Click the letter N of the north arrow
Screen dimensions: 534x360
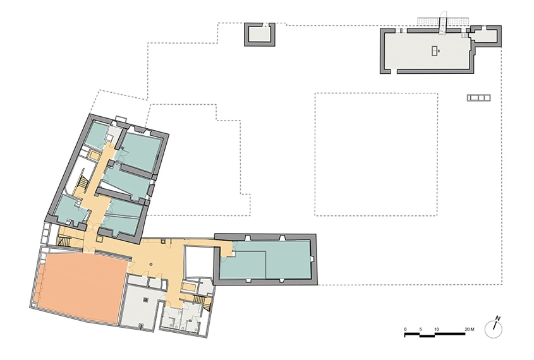[497, 319]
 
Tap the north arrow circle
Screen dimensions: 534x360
[493, 330]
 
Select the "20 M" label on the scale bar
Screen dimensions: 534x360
[470, 330]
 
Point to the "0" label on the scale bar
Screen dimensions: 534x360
[405, 330]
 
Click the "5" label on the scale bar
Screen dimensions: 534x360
[421, 330]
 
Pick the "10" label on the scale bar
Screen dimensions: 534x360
[436, 330]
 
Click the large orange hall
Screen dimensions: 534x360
[81, 286]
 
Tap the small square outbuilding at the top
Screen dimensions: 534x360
[260, 34]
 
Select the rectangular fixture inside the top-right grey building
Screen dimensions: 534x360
[435, 51]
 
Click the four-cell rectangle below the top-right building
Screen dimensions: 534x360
[478, 98]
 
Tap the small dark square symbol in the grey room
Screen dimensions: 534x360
[146, 300]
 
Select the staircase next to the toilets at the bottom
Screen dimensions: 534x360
[200, 299]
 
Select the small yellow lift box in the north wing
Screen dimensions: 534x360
[94, 155]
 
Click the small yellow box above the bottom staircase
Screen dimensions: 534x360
[188, 287]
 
